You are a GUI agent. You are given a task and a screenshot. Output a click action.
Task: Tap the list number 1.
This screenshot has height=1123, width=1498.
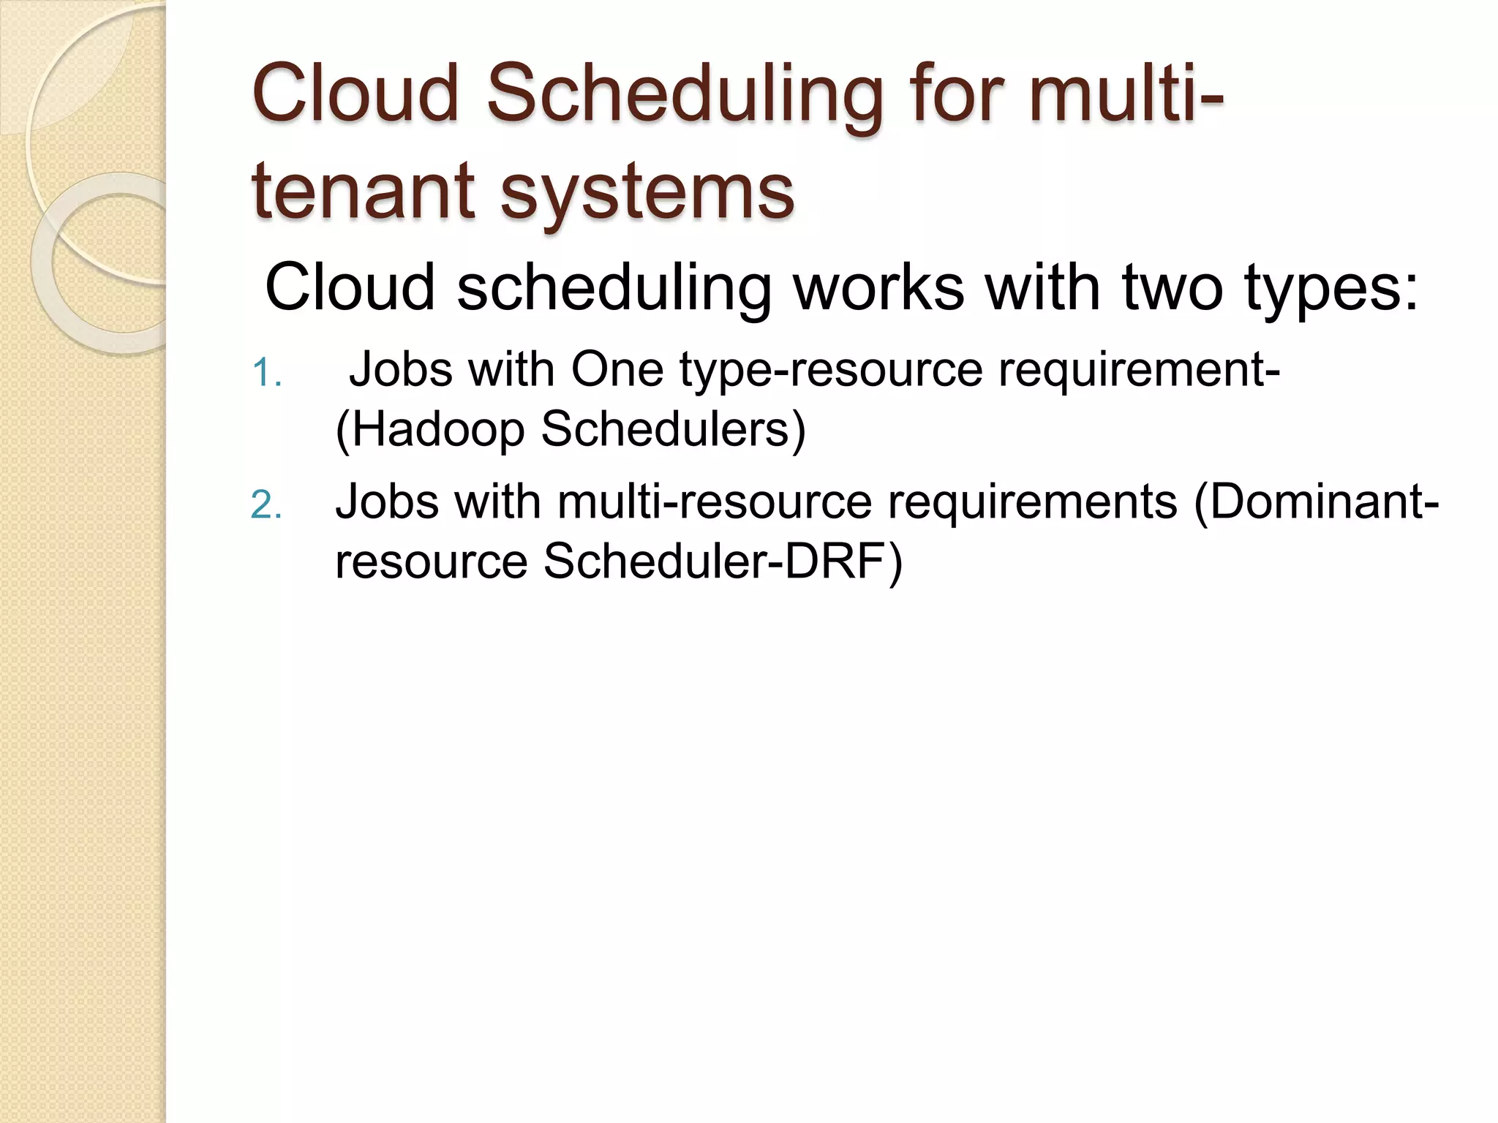pos(266,374)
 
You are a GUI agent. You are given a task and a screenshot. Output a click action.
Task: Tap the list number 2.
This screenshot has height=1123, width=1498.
pos(266,505)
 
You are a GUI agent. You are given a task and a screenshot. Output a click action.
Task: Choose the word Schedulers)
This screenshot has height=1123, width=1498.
pos(673,429)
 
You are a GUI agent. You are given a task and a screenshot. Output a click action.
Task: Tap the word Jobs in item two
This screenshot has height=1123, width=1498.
pos(387,502)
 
